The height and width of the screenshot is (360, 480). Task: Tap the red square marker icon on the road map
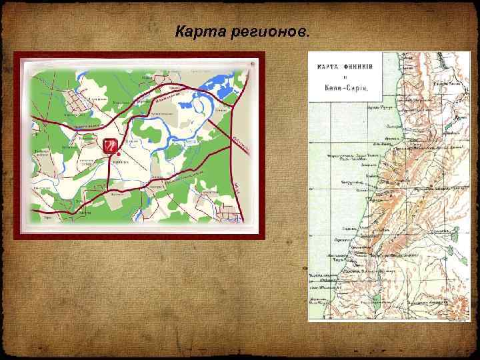coord(109,145)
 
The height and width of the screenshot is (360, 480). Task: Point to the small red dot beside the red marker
coord(118,153)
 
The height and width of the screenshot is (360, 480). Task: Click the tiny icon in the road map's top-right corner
coord(251,64)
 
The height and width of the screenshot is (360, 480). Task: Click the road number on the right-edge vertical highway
coord(236,185)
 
